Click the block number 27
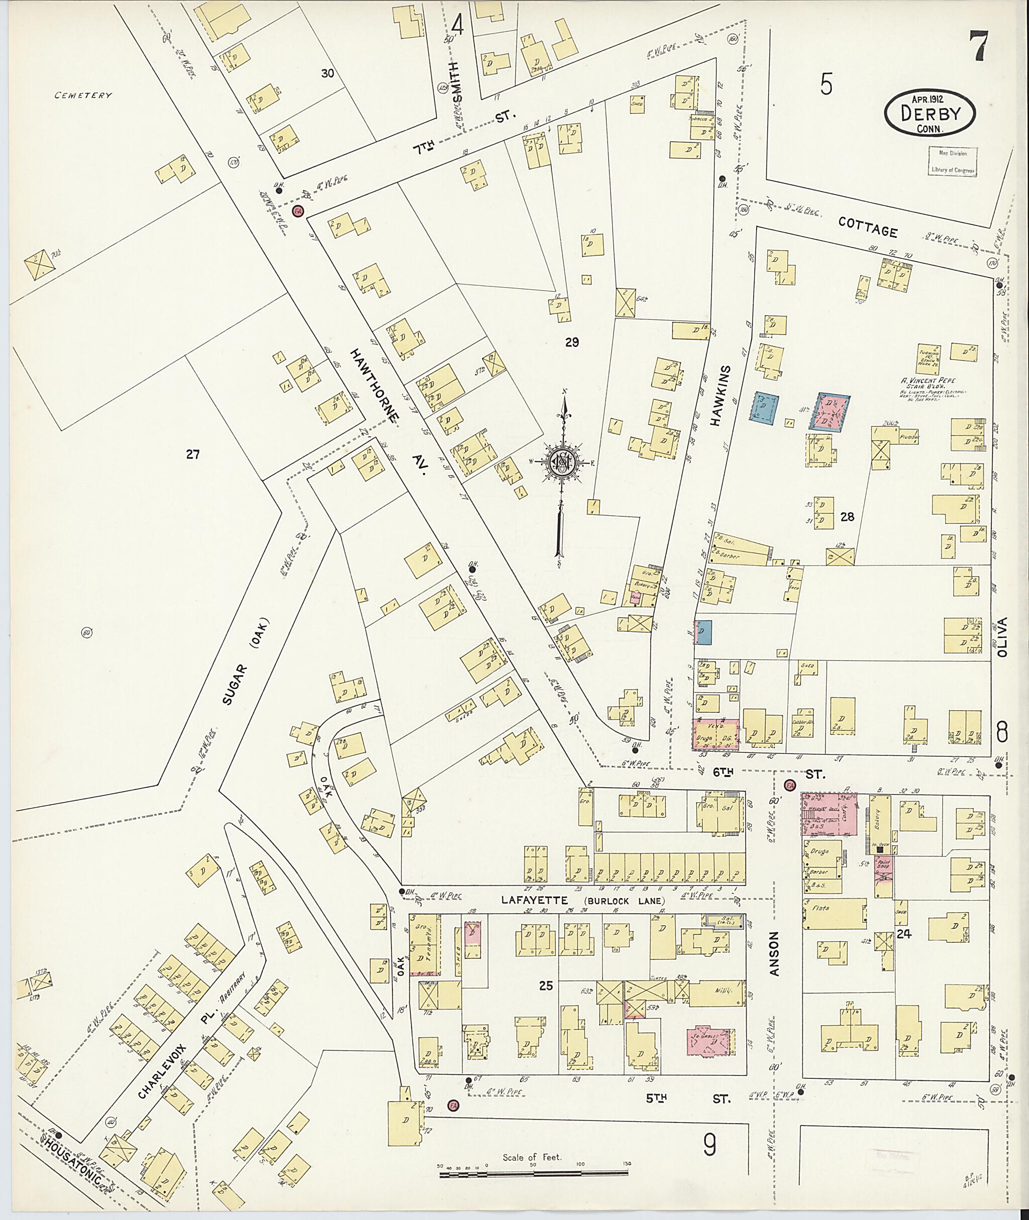click(192, 454)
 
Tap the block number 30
click(328, 73)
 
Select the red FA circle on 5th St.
click(452, 1105)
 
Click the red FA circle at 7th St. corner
click(298, 210)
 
